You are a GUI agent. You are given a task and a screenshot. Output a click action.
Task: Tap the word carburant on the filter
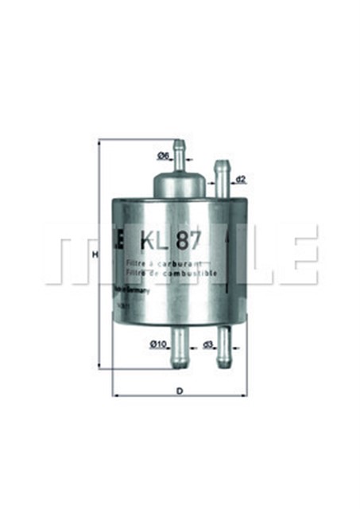180,262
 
